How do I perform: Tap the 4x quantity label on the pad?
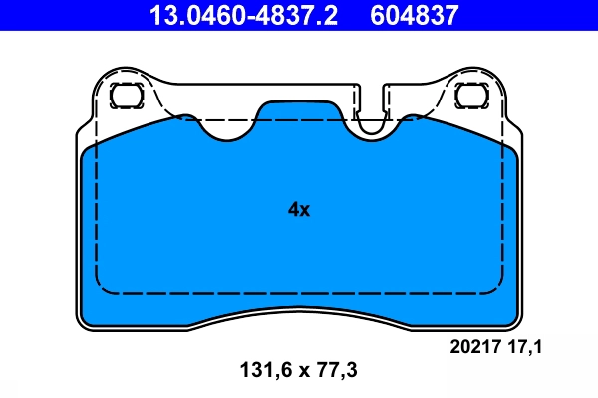[299, 210]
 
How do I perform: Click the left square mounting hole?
[127, 96]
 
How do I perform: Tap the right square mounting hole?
[469, 96]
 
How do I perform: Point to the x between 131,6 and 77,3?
[298, 371]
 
